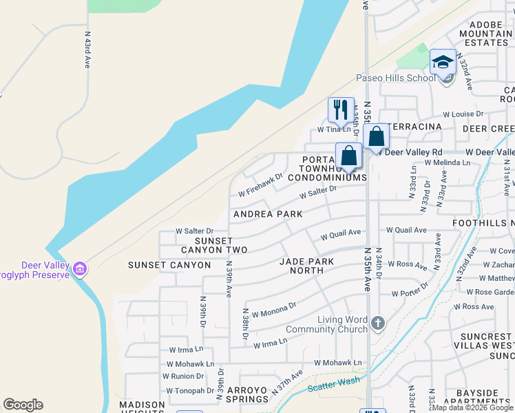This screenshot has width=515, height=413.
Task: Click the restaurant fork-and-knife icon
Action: pyautogui.click(x=341, y=109)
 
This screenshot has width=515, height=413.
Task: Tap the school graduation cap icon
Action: pyautogui.click(x=443, y=62)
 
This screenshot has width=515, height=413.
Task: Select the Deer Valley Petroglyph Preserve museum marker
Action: pyautogui.click(x=81, y=267)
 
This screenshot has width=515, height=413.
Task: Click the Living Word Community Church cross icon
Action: pyautogui.click(x=377, y=323)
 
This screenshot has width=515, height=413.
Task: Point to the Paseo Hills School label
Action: pyautogui.click(x=395, y=78)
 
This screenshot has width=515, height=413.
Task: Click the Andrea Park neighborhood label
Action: pyautogui.click(x=268, y=214)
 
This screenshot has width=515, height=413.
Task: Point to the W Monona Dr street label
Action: pyautogui.click(x=273, y=309)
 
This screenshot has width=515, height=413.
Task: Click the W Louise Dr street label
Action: pyautogui.click(x=463, y=114)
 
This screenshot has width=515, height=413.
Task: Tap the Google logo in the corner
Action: pyautogui.click(x=23, y=405)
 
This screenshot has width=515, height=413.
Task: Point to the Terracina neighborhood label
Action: pyautogui.click(x=414, y=129)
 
